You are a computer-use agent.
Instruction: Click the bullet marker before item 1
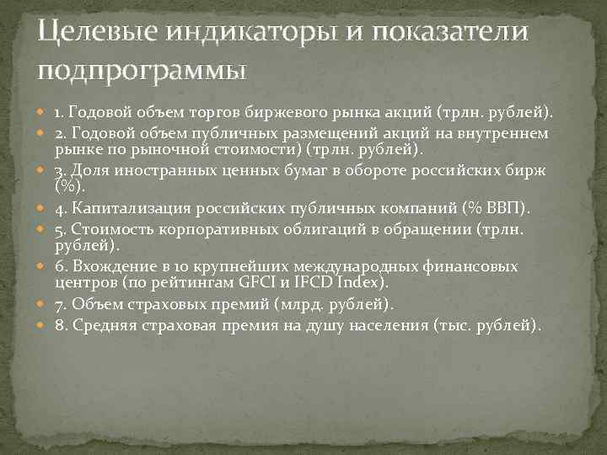pyautogui.click(x=43, y=112)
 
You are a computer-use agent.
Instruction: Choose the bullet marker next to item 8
pyautogui.click(x=43, y=325)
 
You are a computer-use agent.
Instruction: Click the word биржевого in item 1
pyautogui.click(x=293, y=112)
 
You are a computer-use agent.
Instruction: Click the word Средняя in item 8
pyautogui.click(x=105, y=325)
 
